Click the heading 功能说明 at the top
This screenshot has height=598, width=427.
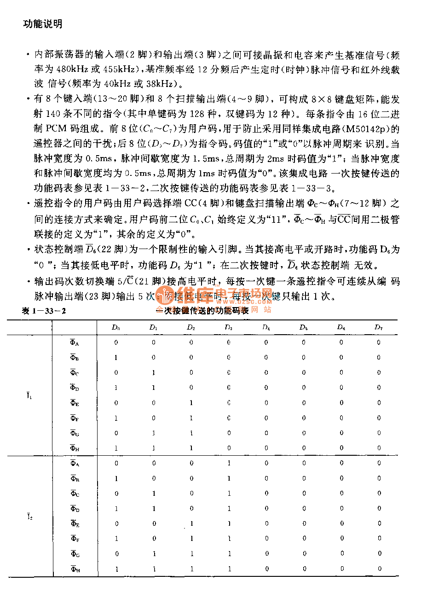43,24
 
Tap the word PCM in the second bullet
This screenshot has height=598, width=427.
57,129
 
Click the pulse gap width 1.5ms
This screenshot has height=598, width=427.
205,159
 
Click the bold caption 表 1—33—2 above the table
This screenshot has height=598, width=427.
44,311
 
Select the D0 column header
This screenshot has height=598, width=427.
115,327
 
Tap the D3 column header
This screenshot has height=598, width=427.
229,327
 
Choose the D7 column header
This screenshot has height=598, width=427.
378,327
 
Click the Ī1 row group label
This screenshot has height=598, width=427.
29,395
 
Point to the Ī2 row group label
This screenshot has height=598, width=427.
29,517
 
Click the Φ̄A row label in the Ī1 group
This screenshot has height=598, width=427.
75,343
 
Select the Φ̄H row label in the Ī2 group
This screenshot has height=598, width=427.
75,569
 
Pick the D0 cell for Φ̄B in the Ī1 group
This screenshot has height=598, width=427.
116,357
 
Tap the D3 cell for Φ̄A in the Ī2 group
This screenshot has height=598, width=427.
229,463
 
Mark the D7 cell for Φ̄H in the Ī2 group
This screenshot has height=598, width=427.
379,569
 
